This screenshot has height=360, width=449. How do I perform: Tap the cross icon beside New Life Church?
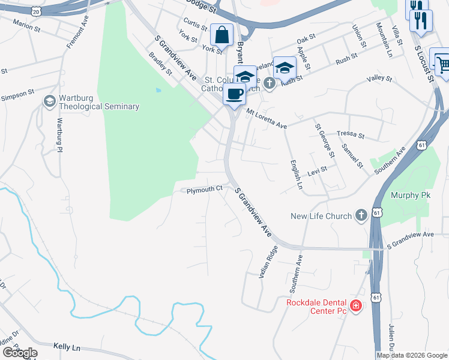point(361,215)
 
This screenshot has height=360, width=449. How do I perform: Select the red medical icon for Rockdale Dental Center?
point(356,307)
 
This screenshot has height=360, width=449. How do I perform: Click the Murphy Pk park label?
point(408,195)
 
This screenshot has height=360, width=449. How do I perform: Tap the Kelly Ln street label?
point(67,347)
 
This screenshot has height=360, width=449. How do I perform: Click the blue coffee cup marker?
point(234,94)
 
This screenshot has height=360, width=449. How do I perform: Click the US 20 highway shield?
point(35,11)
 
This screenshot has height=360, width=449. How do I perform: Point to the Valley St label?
point(379,79)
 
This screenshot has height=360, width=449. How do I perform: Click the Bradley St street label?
point(160,62)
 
